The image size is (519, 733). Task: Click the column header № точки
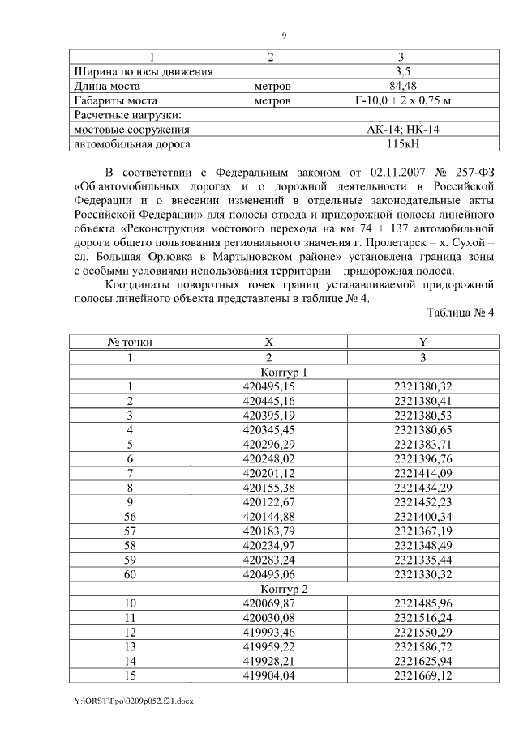(129, 342)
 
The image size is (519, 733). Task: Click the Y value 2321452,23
(422, 502)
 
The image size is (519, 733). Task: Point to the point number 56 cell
(129, 517)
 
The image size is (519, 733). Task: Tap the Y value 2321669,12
(422, 675)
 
